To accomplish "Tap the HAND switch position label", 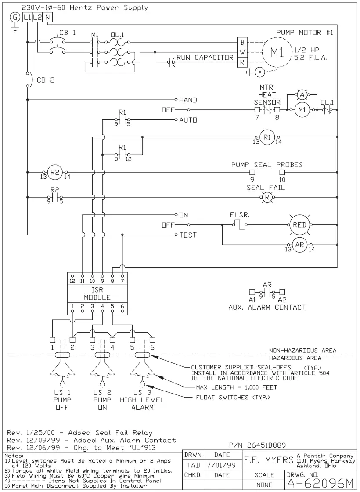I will tap(188, 100).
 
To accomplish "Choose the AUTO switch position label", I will tap(188, 119).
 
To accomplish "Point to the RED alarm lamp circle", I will tap(301, 224).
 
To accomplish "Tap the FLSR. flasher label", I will tap(240, 215).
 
